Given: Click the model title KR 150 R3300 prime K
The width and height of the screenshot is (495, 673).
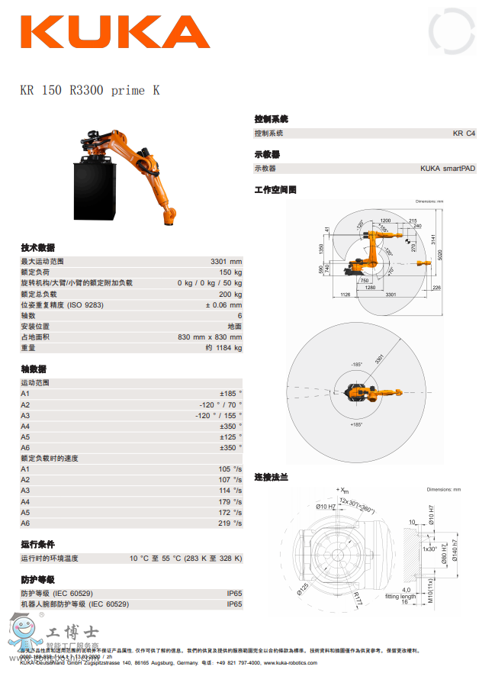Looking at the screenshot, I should click(90, 91).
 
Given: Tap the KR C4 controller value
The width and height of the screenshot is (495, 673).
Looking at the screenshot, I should click(464, 134).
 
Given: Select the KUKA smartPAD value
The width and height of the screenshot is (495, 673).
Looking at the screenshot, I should click(448, 169).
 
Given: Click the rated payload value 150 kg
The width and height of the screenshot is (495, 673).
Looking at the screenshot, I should click(230, 272).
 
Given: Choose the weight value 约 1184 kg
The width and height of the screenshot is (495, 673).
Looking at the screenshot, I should click(223, 348).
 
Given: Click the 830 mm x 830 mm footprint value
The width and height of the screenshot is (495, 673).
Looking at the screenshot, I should click(210, 336).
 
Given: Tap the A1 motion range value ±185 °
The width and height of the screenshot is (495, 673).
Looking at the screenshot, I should click(230, 393).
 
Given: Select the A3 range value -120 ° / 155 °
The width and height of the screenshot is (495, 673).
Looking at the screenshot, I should click(218, 415).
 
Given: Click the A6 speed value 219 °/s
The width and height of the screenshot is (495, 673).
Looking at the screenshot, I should click(230, 523).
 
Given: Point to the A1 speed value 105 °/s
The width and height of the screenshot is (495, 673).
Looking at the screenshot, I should click(230, 469).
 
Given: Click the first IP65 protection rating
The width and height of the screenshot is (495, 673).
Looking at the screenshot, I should click(234, 593).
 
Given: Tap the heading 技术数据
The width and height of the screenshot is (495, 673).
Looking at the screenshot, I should click(37, 247).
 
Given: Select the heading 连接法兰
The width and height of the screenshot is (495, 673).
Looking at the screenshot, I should click(271, 477).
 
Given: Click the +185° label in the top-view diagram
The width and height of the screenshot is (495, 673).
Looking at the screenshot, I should click(356, 423).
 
